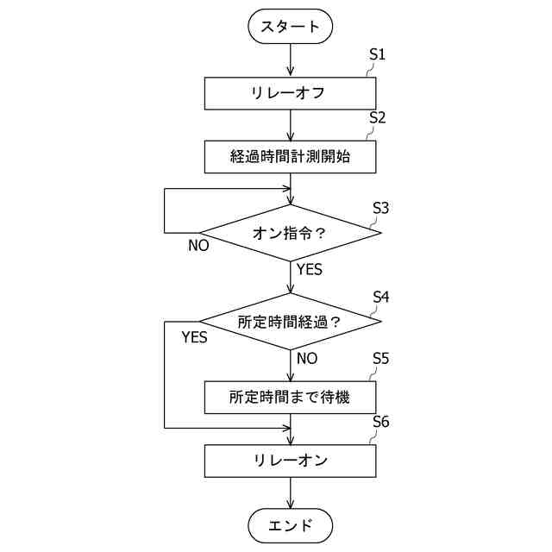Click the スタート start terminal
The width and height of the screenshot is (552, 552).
pyautogui.click(x=290, y=27)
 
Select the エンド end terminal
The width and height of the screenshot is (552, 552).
pyautogui.click(x=290, y=524)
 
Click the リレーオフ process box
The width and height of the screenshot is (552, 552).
pyautogui.click(x=290, y=93)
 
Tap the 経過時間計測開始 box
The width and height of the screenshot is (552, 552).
pyautogui.click(x=290, y=156)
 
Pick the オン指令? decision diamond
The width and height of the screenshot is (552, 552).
pyautogui.click(x=290, y=233)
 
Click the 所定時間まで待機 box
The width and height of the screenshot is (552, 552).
pyautogui.click(x=290, y=398)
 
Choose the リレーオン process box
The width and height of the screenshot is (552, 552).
pyautogui.click(x=290, y=461)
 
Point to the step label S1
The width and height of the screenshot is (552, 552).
pyautogui.click(x=377, y=54)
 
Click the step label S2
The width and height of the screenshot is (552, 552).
pyautogui.click(x=377, y=118)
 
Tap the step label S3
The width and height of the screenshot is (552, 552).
pyautogui.click(x=380, y=208)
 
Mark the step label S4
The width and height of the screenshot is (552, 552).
pyautogui.click(x=380, y=297)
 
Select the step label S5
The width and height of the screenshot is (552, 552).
pyautogui.click(x=380, y=358)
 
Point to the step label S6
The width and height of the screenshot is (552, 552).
pyautogui.click(x=380, y=422)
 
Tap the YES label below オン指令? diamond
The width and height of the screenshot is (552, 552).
pyautogui.click(x=309, y=270)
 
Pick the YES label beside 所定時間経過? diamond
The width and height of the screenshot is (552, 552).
pyautogui.click(x=195, y=337)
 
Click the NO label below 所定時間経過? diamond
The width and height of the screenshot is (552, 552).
pyautogui.click(x=307, y=358)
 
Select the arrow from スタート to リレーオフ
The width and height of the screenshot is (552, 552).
pyautogui.click(x=290, y=60)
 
